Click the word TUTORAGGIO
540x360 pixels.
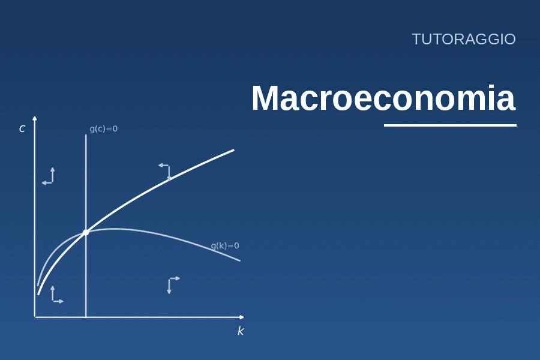pyautogui.click(x=464, y=39)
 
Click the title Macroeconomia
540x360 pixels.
pyautogui.click(x=383, y=98)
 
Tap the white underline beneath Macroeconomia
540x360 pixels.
pyautogui.click(x=450, y=125)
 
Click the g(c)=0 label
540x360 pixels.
pyautogui.click(x=104, y=129)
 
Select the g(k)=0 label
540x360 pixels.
pyautogui.click(x=225, y=245)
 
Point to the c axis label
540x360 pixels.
pyautogui.click(x=22, y=128)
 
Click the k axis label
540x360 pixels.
pyautogui.click(x=241, y=331)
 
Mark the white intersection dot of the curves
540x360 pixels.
pyautogui.click(x=86, y=233)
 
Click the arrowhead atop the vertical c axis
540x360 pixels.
pyautogui.click(x=34, y=118)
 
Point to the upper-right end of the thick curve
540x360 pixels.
pyautogui.click(x=234, y=150)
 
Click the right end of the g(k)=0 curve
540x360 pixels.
pyautogui.click(x=239, y=261)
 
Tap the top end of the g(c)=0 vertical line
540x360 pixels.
pyautogui.click(x=86, y=134)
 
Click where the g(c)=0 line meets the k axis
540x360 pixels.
pyautogui.click(x=86, y=317)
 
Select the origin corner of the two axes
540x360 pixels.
pyautogui.click(x=35, y=317)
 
